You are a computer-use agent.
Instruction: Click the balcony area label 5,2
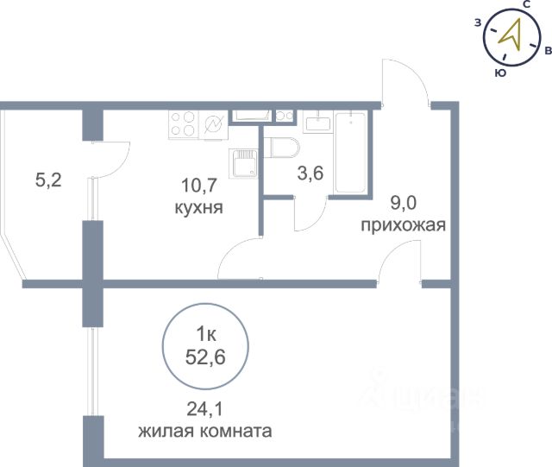click(48, 180)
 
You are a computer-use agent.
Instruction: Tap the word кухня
click(199, 207)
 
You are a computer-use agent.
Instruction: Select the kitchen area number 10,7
click(198, 186)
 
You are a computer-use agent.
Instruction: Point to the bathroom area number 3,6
click(310, 174)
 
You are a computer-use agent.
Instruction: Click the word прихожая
click(404, 224)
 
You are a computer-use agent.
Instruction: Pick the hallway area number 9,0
click(404, 203)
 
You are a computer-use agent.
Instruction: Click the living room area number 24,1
click(205, 409)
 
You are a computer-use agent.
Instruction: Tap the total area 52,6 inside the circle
click(205, 358)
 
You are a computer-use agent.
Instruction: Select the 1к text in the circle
click(206, 335)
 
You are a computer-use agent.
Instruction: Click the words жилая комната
click(205, 431)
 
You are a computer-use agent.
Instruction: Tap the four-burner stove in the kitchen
click(184, 125)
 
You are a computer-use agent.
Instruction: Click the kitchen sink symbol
click(243, 163)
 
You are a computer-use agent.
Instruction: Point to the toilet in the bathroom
click(282, 148)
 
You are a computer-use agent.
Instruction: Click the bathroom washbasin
click(317, 122)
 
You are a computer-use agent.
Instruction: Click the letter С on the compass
click(526, 4)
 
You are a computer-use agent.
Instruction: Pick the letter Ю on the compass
click(500, 73)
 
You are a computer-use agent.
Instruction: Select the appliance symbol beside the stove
click(214, 125)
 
